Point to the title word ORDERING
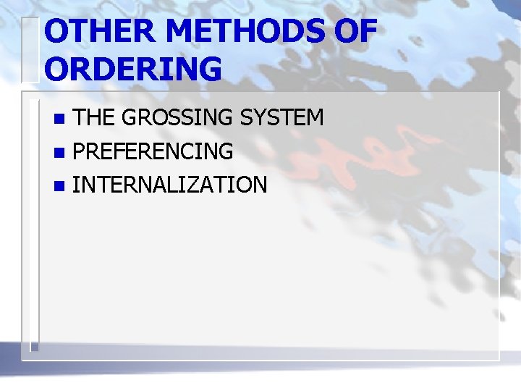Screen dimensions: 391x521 (x=133, y=70)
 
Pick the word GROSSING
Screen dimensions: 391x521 (x=171, y=117)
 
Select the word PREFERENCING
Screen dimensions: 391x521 (x=153, y=151)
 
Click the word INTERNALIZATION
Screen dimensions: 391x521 (x=170, y=185)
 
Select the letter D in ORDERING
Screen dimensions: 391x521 (x=102, y=70)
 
